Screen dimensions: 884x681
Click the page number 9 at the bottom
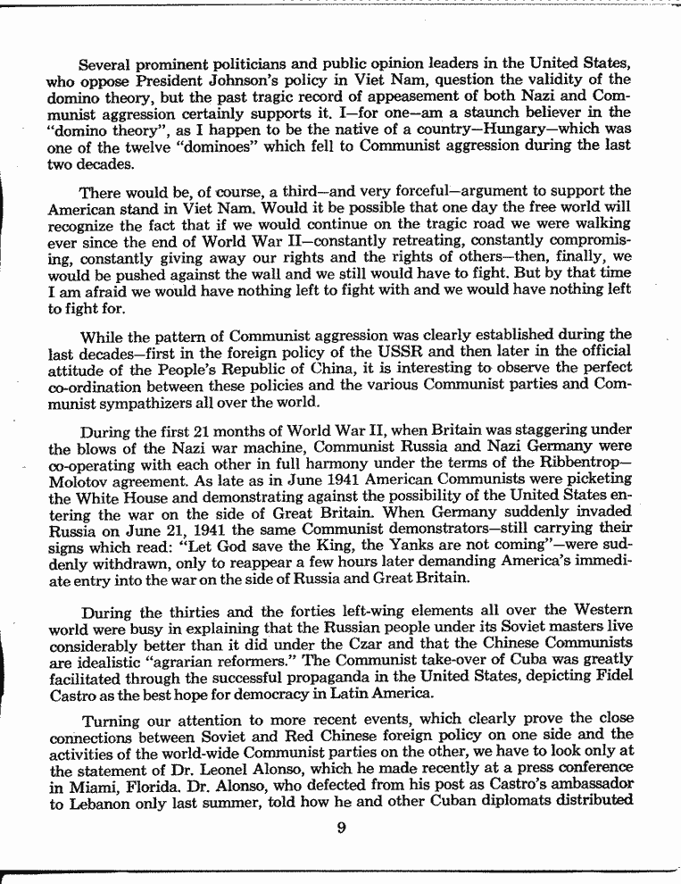341,826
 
